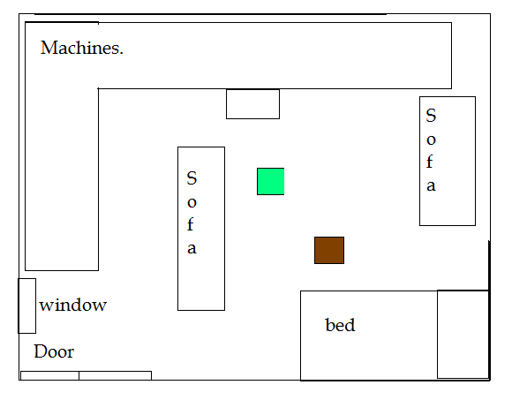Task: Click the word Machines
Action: (x=81, y=48)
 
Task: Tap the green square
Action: (x=270, y=182)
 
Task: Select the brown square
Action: (x=329, y=250)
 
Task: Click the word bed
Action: (x=340, y=325)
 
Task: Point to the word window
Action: (x=72, y=305)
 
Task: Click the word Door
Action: (x=54, y=351)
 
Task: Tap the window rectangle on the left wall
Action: (x=26, y=306)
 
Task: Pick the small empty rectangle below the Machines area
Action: (x=252, y=104)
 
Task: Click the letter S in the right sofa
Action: (x=431, y=116)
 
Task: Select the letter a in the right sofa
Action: (x=431, y=185)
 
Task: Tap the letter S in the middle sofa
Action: (x=192, y=178)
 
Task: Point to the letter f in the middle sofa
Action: (x=191, y=224)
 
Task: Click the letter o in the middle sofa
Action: (x=192, y=203)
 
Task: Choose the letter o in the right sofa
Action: (x=431, y=140)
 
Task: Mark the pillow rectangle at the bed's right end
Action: (x=463, y=334)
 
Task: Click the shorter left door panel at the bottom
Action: (x=49, y=375)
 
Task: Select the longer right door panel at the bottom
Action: (x=116, y=375)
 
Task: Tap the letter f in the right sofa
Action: (x=430, y=162)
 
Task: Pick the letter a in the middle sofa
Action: (x=192, y=248)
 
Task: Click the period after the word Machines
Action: (x=121, y=53)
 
